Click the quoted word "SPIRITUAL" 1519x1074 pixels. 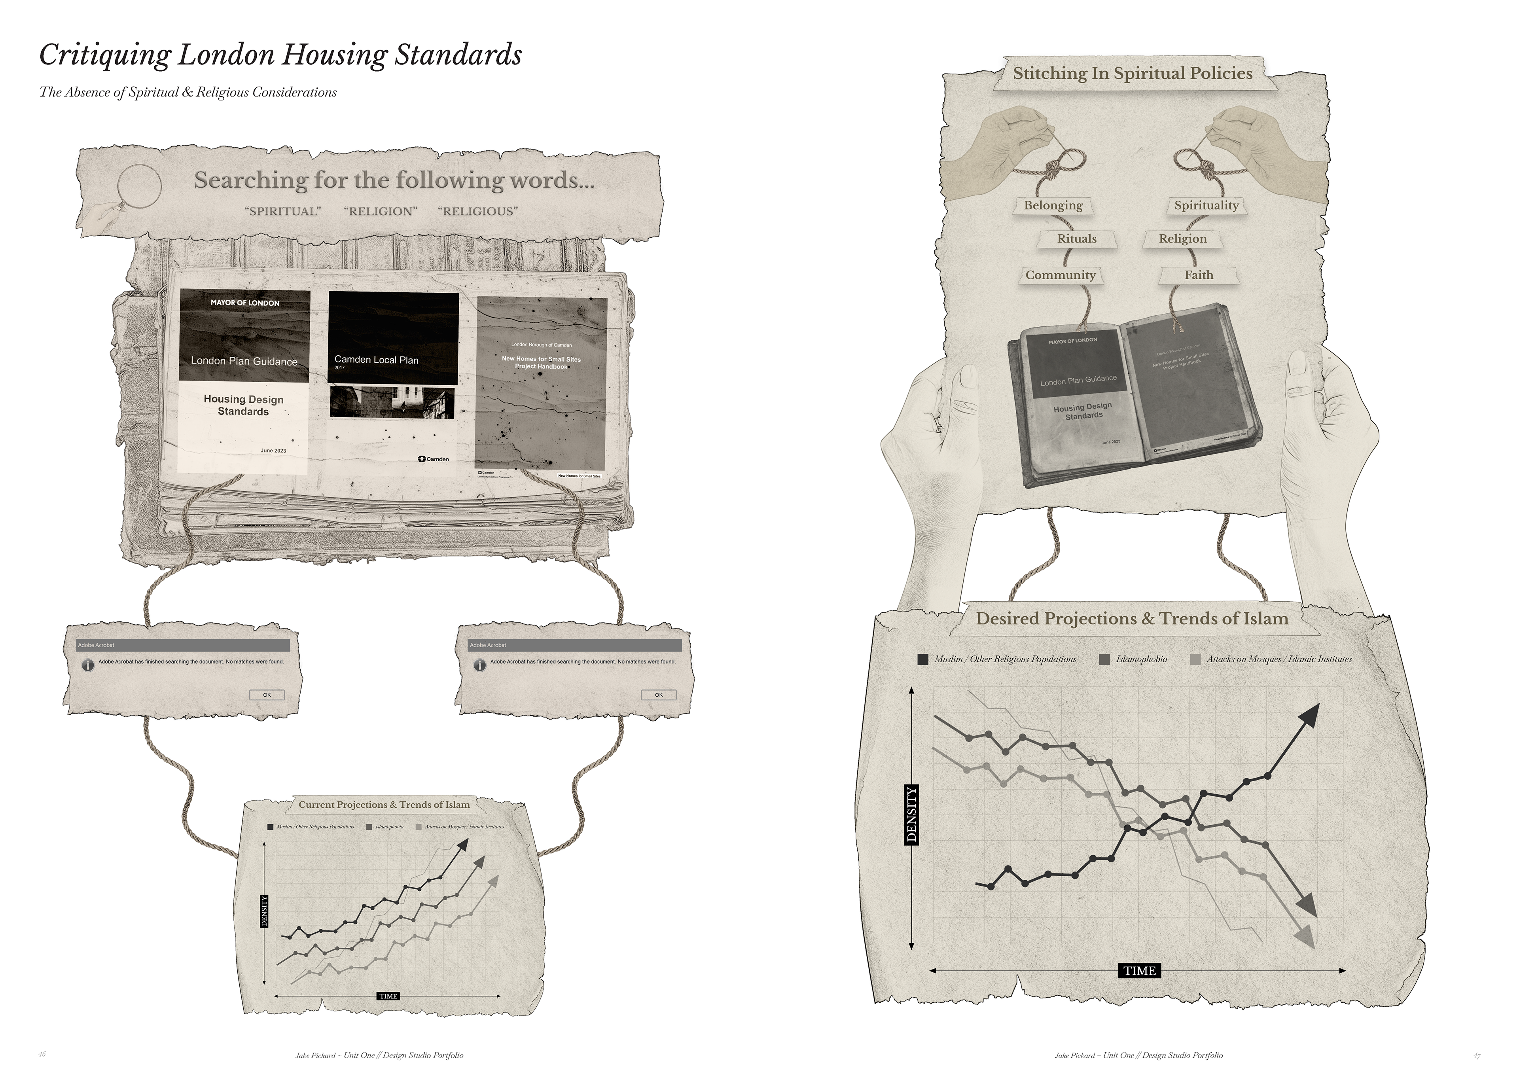[x=282, y=211]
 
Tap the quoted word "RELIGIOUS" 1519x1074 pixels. [x=478, y=211]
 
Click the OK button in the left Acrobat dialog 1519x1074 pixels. [x=267, y=695]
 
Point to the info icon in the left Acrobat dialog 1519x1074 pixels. [x=87, y=665]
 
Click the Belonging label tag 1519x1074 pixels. [x=1053, y=205]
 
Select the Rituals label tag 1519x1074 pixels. [x=1076, y=239]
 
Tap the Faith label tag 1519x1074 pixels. [x=1199, y=275]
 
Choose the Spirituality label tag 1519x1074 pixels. [x=1206, y=205]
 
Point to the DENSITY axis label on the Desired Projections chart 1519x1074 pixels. [x=912, y=814]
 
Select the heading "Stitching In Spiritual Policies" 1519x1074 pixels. [x=1133, y=74]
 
